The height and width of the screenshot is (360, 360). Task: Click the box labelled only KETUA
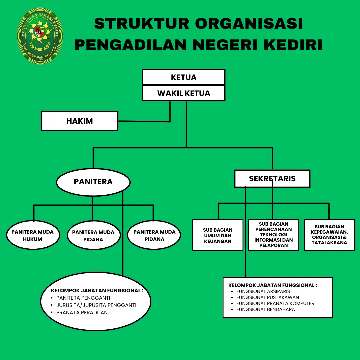[184, 77]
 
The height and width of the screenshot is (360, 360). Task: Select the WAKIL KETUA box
[184, 93]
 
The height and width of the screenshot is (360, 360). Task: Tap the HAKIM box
[79, 121]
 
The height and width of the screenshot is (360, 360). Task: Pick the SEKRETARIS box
[272, 179]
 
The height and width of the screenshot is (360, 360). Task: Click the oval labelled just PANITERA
[93, 182]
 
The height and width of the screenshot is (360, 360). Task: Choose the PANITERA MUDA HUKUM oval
[33, 235]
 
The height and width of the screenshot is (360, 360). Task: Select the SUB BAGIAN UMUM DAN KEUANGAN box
[218, 235]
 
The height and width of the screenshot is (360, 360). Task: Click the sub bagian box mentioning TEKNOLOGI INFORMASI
[273, 235]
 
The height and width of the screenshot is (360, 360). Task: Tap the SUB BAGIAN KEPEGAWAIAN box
[329, 235]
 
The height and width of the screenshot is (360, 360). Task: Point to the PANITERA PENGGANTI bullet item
[83, 298]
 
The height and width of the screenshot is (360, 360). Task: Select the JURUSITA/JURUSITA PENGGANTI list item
[96, 305]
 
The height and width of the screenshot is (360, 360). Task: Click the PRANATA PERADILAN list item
[82, 313]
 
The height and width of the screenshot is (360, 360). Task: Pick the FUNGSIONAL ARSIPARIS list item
[263, 291]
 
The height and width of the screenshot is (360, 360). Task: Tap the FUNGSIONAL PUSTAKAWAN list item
[268, 297]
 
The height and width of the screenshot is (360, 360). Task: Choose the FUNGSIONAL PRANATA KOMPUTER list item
[275, 303]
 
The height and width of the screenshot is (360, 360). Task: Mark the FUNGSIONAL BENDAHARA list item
[266, 309]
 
